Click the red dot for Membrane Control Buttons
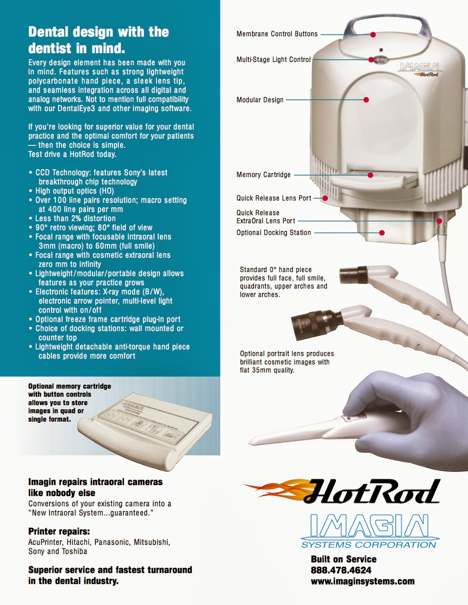pyautogui.click(x=373, y=34)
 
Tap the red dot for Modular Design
pyautogui.click(x=366, y=100)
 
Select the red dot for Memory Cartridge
pyautogui.click(x=370, y=175)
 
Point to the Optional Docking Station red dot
pyautogui.click(x=382, y=233)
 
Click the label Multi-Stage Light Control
pyautogui.click(x=273, y=60)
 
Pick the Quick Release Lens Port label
pyautogui.click(x=274, y=198)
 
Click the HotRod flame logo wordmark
pyautogui.click(x=342, y=492)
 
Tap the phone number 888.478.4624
pyautogui.click(x=341, y=570)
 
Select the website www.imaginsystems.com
pyautogui.click(x=363, y=581)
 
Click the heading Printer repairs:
pyautogui.click(x=59, y=531)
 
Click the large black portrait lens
pyautogui.click(x=317, y=324)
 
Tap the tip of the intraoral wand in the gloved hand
pyautogui.click(x=250, y=442)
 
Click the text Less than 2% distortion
pyautogui.click(x=75, y=218)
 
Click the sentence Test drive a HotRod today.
pyautogui.click(x=72, y=154)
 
